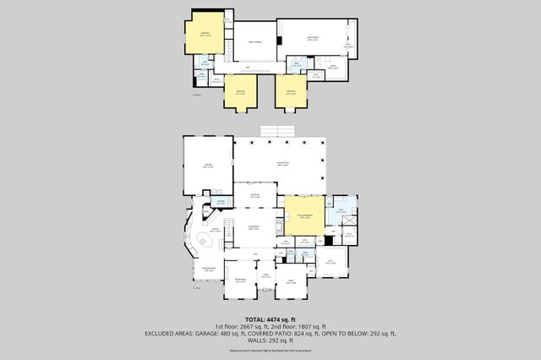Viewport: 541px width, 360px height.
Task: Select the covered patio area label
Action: click(x=282, y=163)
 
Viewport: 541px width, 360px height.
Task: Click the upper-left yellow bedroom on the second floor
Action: click(x=205, y=35)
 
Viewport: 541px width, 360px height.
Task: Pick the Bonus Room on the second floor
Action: click(x=312, y=39)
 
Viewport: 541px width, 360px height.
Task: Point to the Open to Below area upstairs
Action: click(x=253, y=41)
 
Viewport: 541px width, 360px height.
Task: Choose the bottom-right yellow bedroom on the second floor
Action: click(x=291, y=90)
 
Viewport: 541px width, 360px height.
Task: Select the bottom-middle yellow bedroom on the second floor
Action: click(x=240, y=90)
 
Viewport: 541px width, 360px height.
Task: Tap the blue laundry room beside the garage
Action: click(x=221, y=202)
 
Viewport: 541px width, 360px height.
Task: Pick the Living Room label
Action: click(x=253, y=227)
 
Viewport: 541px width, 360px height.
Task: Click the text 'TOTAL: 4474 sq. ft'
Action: click(x=270, y=317)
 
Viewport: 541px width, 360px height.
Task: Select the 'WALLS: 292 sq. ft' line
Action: click(x=270, y=340)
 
